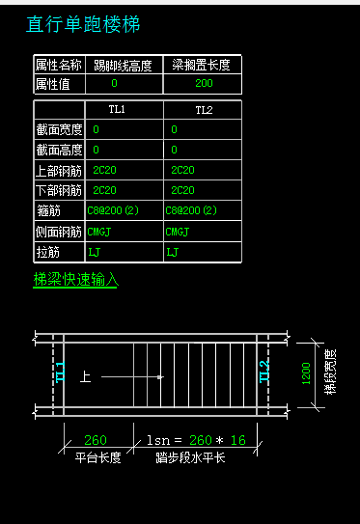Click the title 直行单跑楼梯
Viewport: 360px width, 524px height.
(83, 24)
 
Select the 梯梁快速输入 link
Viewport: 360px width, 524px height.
(76, 280)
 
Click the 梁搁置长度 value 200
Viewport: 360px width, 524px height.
(204, 83)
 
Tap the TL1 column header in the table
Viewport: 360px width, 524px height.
(117, 109)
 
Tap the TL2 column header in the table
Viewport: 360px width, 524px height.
(204, 110)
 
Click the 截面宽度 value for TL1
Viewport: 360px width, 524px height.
(96, 129)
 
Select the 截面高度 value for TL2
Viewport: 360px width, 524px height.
(174, 150)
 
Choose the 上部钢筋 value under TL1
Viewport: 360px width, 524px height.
(104, 170)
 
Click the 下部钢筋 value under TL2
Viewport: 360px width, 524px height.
(182, 190)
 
